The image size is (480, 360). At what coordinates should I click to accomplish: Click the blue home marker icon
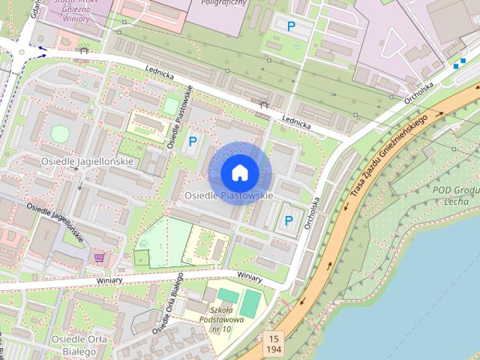coord(239,172)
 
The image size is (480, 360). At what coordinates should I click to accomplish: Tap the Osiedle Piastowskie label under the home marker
coord(227,196)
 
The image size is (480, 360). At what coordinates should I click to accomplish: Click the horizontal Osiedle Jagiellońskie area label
coord(88,161)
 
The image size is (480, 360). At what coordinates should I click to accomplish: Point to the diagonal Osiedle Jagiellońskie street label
coord(54,223)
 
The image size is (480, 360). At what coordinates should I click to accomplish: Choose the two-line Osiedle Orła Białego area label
coord(77,346)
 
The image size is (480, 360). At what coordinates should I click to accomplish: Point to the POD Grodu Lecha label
coord(455,195)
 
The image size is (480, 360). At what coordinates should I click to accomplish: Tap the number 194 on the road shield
coord(273,350)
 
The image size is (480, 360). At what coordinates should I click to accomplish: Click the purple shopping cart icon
coord(99,257)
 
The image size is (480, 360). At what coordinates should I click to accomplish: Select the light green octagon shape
coord(59,133)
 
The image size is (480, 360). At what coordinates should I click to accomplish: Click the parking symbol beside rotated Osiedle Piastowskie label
coord(193,139)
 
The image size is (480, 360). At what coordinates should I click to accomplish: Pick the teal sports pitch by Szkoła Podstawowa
coord(251,301)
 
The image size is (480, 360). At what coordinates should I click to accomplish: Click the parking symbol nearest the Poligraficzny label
coord(290,27)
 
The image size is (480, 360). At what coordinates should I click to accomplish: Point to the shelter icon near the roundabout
coord(83,51)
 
